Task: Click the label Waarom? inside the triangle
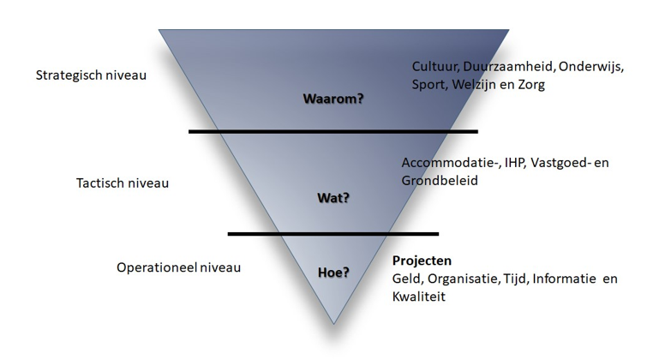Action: pyautogui.click(x=333, y=99)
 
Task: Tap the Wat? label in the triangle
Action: pyautogui.click(x=333, y=199)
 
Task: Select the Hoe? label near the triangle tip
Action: pyautogui.click(x=333, y=273)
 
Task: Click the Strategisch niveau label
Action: pyautogui.click(x=91, y=75)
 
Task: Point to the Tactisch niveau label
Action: pyautogui.click(x=123, y=183)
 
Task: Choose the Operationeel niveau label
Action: pyautogui.click(x=178, y=267)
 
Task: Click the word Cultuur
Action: pyautogui.click(x=434, y=66)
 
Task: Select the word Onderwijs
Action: pyautogui.click(x=592, y=66)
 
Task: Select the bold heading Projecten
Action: pyautogui.click(x=422, y=261)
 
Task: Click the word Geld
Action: pyautogui.click(x=406, y=279)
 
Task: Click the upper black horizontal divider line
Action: pyautogui.click(x=333, y=131)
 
